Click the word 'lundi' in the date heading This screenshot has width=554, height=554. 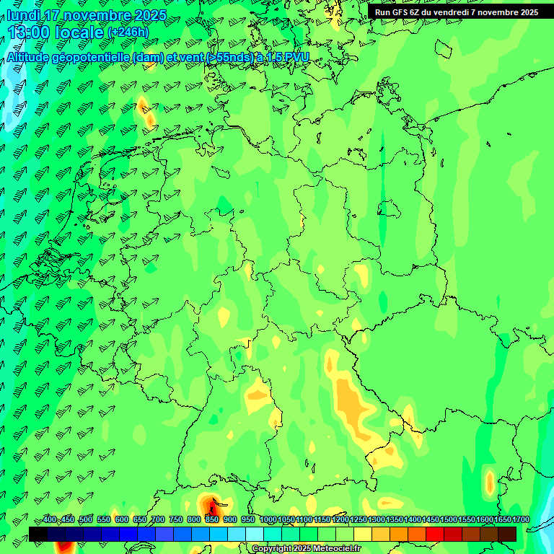click(23, 15)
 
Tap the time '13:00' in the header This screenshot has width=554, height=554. click(30, 32)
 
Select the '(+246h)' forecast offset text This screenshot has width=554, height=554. click(128, 32)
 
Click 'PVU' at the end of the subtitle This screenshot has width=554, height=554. click(297, 58)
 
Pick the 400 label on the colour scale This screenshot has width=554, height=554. click(50, 520)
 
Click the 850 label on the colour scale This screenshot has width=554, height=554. click(212, 520)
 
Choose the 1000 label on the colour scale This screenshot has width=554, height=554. click(268, 520)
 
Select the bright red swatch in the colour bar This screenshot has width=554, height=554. click(434, 534)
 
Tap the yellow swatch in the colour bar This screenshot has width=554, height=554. click(362, 534)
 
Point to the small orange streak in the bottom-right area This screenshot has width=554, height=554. click(491, 482)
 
